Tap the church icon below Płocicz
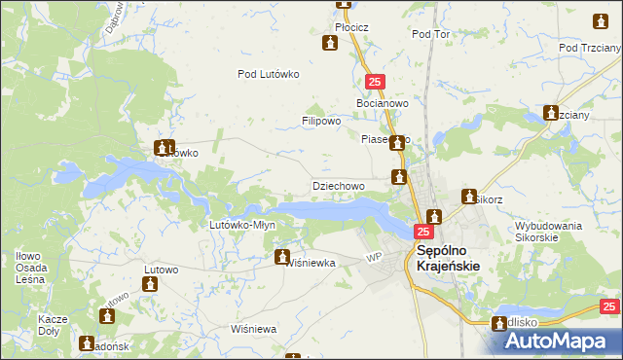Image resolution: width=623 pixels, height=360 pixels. (330, 44)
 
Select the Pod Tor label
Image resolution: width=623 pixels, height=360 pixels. (430, 34)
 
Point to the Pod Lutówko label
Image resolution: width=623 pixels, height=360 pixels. (268, 74)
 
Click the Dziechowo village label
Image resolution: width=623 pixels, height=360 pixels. (338, 185)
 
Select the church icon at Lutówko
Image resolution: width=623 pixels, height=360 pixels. (163, 148)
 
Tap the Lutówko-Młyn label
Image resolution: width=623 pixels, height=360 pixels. (243, 225)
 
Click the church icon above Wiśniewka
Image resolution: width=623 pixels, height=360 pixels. (282, 258)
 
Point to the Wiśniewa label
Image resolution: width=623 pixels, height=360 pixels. (254, 329)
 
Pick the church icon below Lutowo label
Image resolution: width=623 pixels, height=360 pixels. (149, 284)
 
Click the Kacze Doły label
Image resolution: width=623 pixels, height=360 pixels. (52, 325)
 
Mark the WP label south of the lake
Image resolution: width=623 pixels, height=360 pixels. (372, 257)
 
